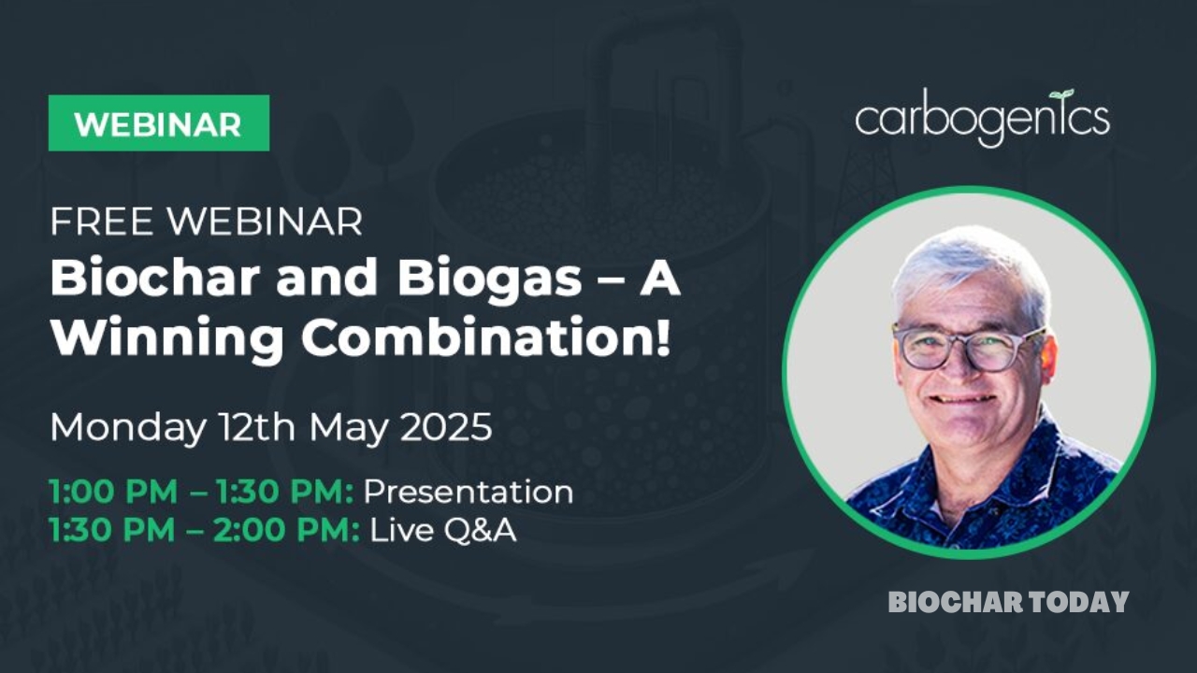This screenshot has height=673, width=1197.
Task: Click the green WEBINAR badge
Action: (x=159, y=123)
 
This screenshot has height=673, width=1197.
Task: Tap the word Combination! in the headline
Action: (x=486, y=338)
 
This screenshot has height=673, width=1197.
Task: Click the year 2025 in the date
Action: (x=445, y=427)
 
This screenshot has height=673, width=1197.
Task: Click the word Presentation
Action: (x=468, y=492)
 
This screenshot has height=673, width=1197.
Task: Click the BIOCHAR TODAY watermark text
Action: (x=1008, y=602)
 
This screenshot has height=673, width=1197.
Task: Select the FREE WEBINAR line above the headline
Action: (x=206, y=222)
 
